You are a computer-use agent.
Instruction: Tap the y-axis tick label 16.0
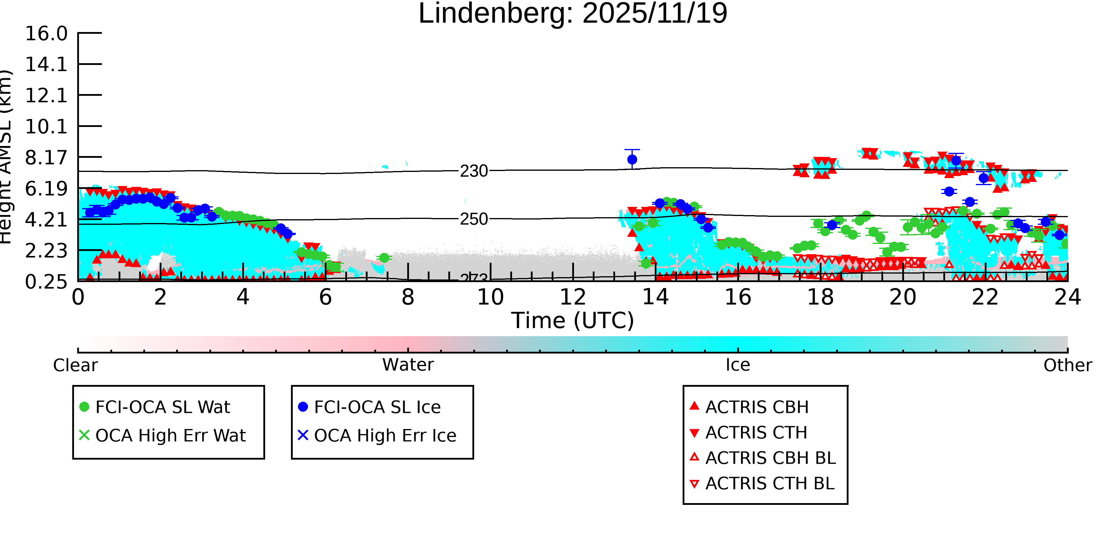[x=46, y=34]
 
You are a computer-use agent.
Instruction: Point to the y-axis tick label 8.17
[x=46, y=158]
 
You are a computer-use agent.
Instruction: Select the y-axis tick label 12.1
[x=46, y=96]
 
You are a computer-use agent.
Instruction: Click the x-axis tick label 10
[x=490, y=297]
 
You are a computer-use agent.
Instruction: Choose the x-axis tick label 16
[x=738, y=297]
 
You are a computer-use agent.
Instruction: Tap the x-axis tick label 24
[x=1067, y=297]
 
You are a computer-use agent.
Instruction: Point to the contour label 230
[x=474, y=171]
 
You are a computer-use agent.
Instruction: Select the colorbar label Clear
[x=75, y=365]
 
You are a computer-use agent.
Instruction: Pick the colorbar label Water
[x=408, y=365]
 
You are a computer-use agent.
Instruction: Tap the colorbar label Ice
[x=738, y=365]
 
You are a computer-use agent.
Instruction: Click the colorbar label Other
[x=1067, y=365]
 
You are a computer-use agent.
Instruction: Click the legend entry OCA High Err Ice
[x=385, y=436]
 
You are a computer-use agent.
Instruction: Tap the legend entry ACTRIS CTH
[x=756, y=433]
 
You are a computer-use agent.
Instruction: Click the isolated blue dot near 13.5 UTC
[x=632, y=160]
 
